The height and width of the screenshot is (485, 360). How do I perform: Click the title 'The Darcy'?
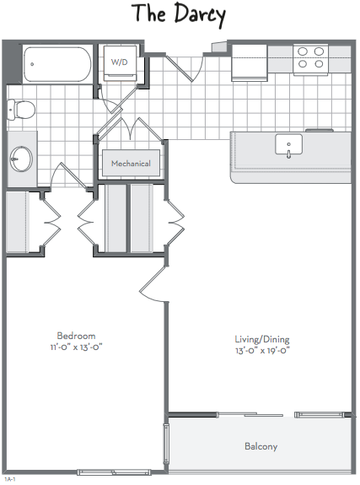click(x=179, y=14)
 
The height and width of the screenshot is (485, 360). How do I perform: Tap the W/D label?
click(x=120, y=62)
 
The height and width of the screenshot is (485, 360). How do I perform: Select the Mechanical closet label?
click(x=131, y=164)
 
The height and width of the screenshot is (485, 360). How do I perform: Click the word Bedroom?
click(x=76, y=336)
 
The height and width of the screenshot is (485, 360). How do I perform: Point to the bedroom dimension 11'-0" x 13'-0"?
click(x=76, y=347)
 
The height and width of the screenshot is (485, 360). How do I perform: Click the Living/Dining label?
click(x=262, y=339)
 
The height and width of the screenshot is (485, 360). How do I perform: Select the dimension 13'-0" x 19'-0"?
click(x=262, y=350)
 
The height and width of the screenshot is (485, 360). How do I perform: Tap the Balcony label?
click(x=261, y=446)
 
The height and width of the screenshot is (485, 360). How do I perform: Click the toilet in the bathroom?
click(x=21, y=109)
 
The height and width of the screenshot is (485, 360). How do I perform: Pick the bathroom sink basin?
click(x=21, y=159)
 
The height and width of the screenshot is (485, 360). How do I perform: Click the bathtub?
click(x=58, y=64)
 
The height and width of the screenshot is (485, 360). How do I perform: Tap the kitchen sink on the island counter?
click(x=288, y=144)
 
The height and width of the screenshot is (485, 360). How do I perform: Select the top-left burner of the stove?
click(x=303, y=51)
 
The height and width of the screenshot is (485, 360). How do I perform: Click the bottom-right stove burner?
click(x=319, y=64)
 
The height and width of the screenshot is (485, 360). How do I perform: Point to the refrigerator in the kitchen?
click(x=250, y=62)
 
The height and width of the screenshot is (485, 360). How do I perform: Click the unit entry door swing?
click(x=185, y=67)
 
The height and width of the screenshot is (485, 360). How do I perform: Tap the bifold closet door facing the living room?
click(x=175, y=222)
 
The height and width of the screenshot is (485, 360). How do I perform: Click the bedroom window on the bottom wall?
click(x=114, y=472)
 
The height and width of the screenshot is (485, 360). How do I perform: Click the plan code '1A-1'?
click(x=10, y=479)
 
